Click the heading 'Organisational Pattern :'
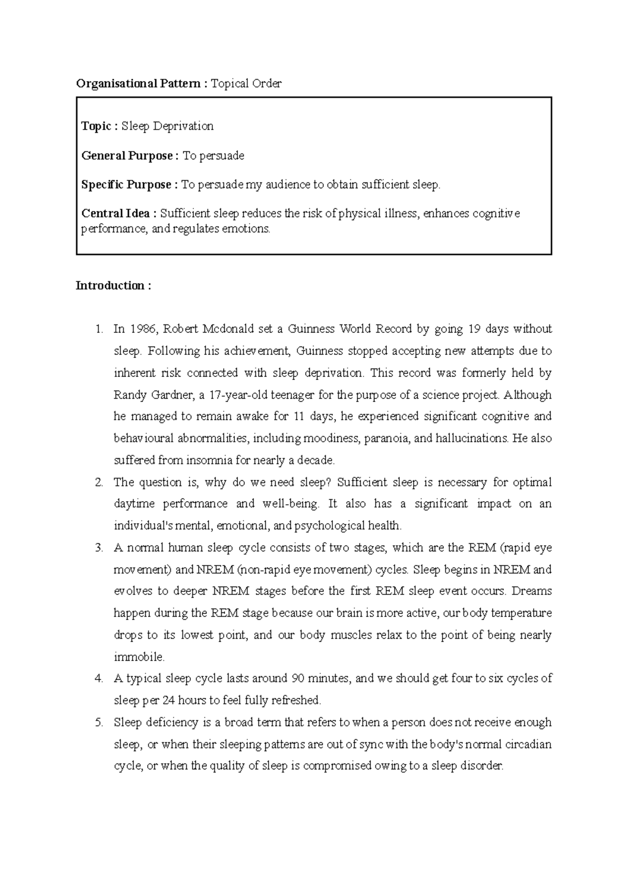tap(142, 84)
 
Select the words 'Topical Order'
tap(246, 84)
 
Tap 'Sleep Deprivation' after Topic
tap(168, 126)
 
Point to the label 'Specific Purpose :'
tap(130, 185)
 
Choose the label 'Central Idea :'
tap(119, 214)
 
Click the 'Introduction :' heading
tap(113, 286)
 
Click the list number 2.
tap(99, 482)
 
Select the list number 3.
tap(99, 548)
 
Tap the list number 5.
tap(99, 722)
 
